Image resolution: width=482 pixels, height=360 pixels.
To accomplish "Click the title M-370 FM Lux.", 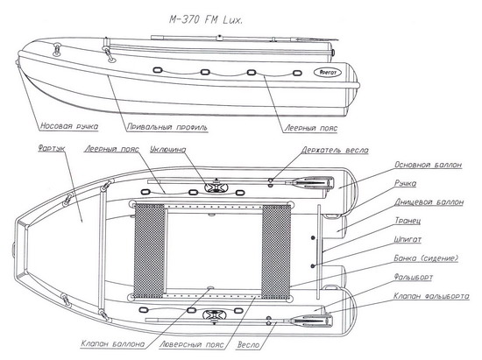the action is tap(206, 20).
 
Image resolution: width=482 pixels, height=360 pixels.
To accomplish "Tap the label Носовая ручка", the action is tap(69, 126).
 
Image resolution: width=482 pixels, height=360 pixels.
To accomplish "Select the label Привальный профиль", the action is tap(167, 127).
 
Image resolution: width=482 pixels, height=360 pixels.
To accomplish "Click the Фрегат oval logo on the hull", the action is tap(328, 73).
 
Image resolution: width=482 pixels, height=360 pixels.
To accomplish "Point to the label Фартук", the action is tap(52, 148).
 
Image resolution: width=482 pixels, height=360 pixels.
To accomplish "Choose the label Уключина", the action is tap(168, 149).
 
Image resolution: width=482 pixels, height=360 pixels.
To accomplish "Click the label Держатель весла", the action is tap(335, 150).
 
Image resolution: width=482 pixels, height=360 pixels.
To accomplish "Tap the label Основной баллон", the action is tap(429, 165).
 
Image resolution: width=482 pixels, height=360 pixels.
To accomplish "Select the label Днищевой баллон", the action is tap(429, 202).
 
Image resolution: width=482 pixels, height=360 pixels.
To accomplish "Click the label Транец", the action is tap(408, 221).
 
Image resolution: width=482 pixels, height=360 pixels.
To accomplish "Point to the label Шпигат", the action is tap(408, 239).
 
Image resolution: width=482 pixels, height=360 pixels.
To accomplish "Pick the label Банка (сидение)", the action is tap(426, 258).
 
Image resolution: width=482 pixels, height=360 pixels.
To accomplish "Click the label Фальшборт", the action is tap(413, 277).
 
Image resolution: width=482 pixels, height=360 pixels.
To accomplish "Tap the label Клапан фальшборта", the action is tap(431, 296).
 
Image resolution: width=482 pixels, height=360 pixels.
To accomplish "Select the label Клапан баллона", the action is tap(112, 343).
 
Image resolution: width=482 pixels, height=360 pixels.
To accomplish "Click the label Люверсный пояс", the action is tap(191, 344).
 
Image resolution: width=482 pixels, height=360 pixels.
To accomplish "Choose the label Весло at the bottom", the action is tap(248, 344).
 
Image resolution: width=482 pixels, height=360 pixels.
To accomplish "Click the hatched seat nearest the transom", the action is tap(276, 251).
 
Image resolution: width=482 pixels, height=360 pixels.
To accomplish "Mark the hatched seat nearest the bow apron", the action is tap(149, 251).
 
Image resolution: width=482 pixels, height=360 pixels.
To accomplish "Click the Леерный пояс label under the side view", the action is tap(311, 128).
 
